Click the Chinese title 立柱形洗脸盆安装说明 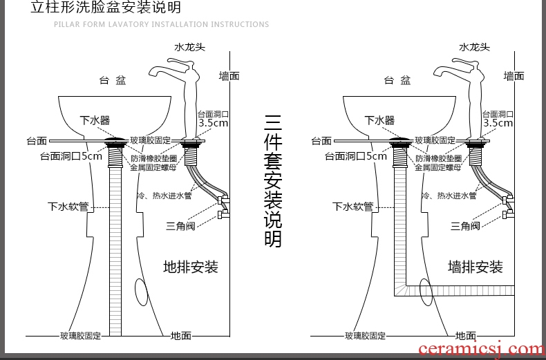click(106, 8)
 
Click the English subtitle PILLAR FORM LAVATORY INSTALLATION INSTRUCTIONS click(161, 25)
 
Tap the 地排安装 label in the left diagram click(191, 267)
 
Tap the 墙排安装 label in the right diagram click(476, 267)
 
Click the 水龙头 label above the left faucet click(189, 48)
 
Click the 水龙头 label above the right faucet click(475, 48)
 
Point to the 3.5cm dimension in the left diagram click(214, 123)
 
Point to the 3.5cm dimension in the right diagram click(498, 123)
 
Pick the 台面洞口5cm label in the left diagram click(71, 156)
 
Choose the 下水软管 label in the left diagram click(68, 207)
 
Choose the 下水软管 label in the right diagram click(352, 207)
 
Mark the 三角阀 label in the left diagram click(180, 226)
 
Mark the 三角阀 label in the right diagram click(465, 226)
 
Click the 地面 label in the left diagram click(181, 336)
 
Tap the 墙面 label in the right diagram click(514, 76)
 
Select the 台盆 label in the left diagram click(112, 81)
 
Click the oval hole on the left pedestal click(141, 292)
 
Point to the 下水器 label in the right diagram click(379, 120)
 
